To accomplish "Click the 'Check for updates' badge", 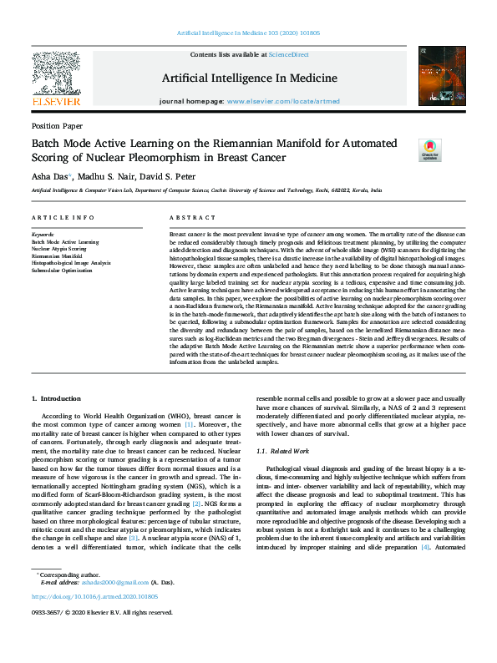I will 429,149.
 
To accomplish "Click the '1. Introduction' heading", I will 56,399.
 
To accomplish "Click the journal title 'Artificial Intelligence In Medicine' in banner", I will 249,78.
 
